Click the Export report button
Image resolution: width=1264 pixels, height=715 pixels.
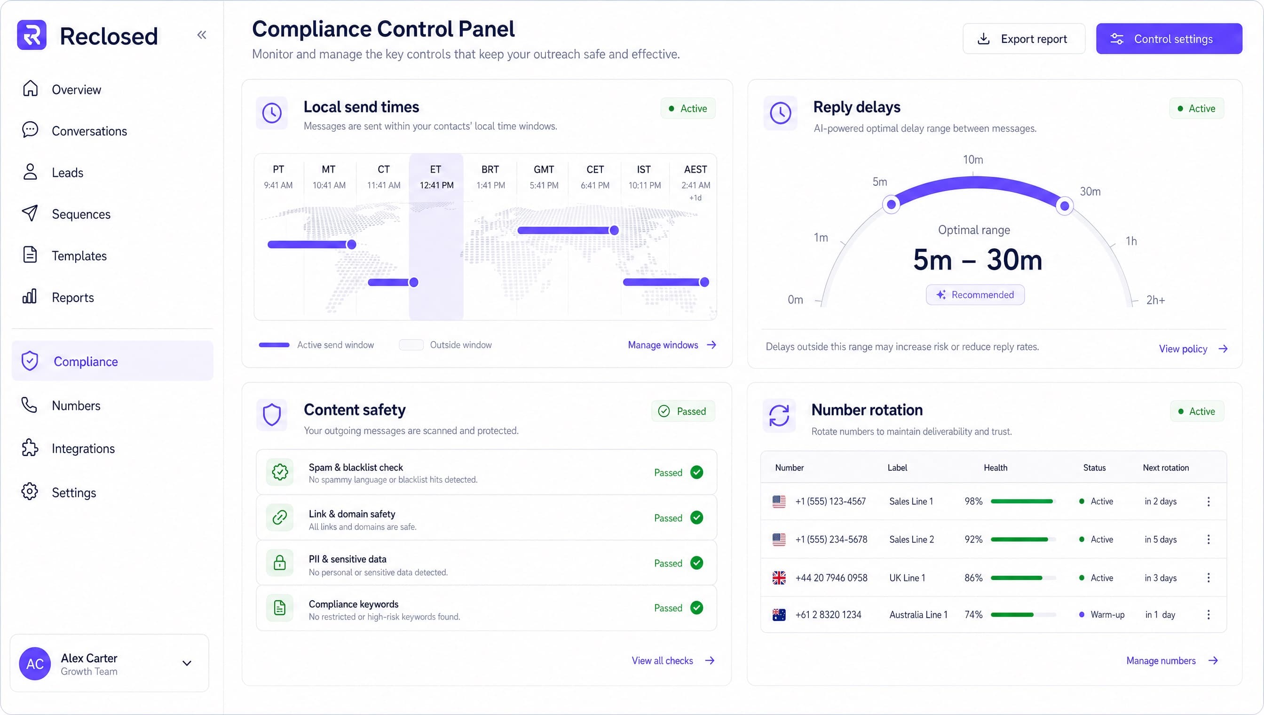(1023, 39)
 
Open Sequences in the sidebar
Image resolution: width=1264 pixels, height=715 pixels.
(67, 214)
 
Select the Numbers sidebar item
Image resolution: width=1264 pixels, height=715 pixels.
(61, 405)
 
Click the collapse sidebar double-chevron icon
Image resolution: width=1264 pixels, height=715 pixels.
(202, 35)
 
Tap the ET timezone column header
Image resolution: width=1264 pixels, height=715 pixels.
(435, 169)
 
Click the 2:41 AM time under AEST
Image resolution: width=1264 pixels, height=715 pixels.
(695, 185)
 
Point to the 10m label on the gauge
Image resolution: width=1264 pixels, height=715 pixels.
(973, 159)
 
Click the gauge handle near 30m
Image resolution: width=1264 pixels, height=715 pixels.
(1064, 206)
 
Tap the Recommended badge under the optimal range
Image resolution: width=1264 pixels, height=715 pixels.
(975, 294)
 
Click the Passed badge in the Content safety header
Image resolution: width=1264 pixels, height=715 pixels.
(683, 411)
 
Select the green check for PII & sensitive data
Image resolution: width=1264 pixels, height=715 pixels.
(696, 563)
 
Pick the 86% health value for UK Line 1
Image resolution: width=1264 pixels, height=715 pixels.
(973, 578)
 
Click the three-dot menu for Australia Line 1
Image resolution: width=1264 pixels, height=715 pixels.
(1209, 615)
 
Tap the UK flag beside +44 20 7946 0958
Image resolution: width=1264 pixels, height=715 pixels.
(779, 578)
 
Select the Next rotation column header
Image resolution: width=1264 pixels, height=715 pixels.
(1166, 468)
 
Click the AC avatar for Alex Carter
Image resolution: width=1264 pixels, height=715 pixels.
(35, 664)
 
